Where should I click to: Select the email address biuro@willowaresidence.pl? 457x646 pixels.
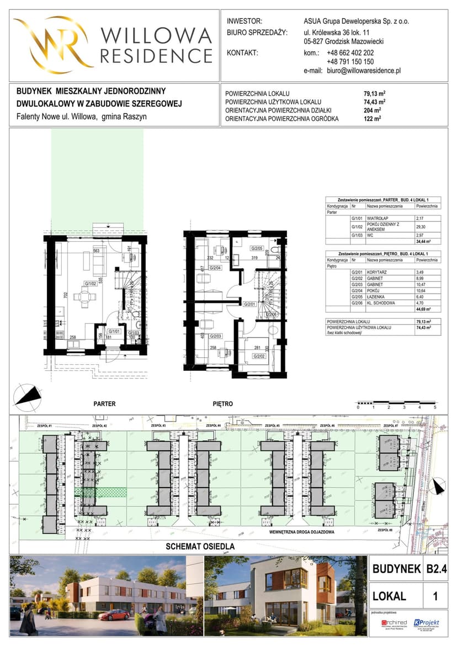(x=363, y=71)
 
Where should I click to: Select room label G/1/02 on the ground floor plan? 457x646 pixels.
(x=91, y=284)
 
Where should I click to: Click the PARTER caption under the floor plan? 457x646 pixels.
(x=104, y=404)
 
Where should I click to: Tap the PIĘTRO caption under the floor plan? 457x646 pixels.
(x=222, y=404)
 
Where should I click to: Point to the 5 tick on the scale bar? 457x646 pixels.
(x=435, y=407)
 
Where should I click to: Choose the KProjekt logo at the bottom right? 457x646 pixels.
(x=426, y=623)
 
